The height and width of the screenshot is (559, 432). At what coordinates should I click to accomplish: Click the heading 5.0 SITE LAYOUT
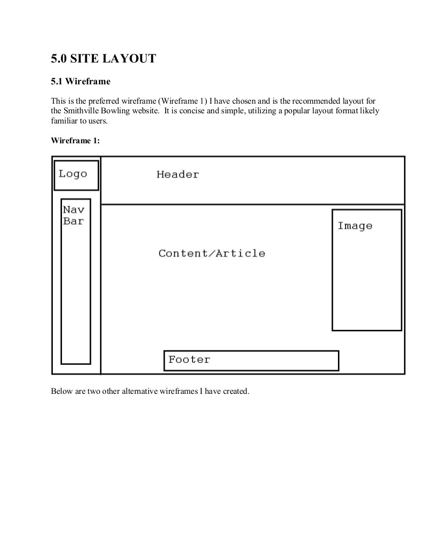(103, 59)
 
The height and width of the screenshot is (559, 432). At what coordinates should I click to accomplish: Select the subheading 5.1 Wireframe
(80, 81)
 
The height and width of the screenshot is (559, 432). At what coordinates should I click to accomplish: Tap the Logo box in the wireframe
(76, 175)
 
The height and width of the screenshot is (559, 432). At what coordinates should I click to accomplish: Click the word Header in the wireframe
(177, 175)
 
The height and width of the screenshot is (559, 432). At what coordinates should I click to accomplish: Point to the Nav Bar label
(74, 215)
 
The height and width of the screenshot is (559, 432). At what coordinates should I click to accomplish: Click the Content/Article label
(211, 254)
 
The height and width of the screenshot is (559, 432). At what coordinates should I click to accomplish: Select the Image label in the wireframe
(355, 226)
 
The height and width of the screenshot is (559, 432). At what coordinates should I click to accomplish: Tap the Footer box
(251, 360)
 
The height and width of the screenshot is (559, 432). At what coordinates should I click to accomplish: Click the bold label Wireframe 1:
(75, 141)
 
